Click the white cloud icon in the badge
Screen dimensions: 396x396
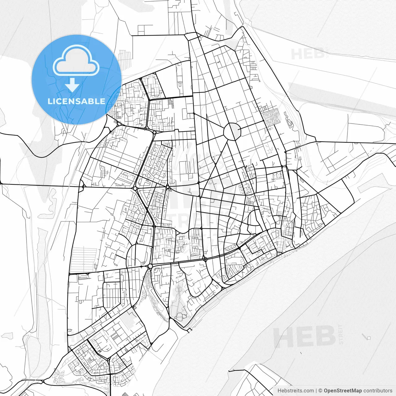click(x=76, y=61)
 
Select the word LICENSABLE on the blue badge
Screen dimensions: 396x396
click(x=76, y=101)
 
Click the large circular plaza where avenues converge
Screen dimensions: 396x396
click(x=232, y=132)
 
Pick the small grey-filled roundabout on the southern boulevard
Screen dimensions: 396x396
click(x=150, y=266)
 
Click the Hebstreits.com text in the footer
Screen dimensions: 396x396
click(x=295, y=391)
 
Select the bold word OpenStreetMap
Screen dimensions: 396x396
click(x=343, y=391)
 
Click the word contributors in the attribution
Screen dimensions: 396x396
click(x=378, y=391)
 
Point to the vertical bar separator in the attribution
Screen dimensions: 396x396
click(x=316, y=391)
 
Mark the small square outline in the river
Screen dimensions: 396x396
click(x=368, y=338)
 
